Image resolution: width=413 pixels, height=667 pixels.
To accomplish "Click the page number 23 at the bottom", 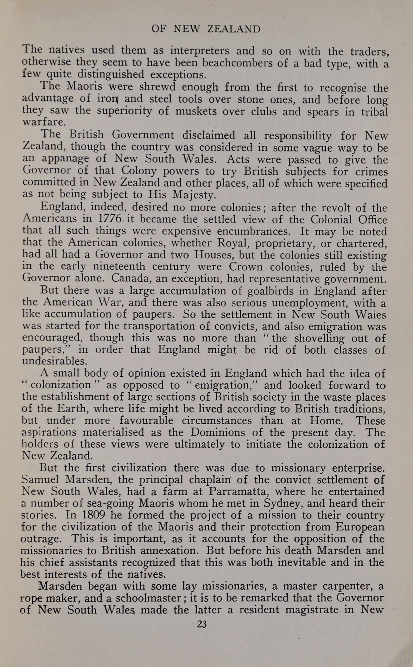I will pyautogui.click(x=202, y=624).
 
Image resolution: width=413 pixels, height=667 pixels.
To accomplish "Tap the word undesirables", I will pyautogui.click(x=54, y=361).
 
